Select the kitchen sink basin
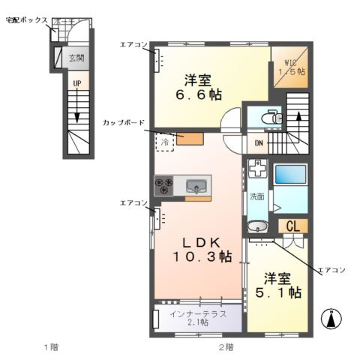click(x=196, y=186)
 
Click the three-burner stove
click(x=163, y=185)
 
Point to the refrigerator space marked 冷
click(x=165, y=142)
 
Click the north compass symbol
click(x=331, y=319)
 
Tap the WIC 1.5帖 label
click(x=292, y=67)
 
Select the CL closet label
click(x=292, y=226)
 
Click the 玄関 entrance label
click(x=76, y=58)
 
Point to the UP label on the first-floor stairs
click(x=77, y=83)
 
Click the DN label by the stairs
click(x=259, y=143)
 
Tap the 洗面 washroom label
click(x=257, y=196)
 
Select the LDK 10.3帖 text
click(x=202, y=250)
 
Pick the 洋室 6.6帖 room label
click(x=199, y=87)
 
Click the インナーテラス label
click(x=198, y=314)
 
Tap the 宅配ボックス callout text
click(x=27, y=20)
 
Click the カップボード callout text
click(x=124, y=122)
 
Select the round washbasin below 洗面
click(x=258, y=226)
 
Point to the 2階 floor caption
click(x=226, y=347)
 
